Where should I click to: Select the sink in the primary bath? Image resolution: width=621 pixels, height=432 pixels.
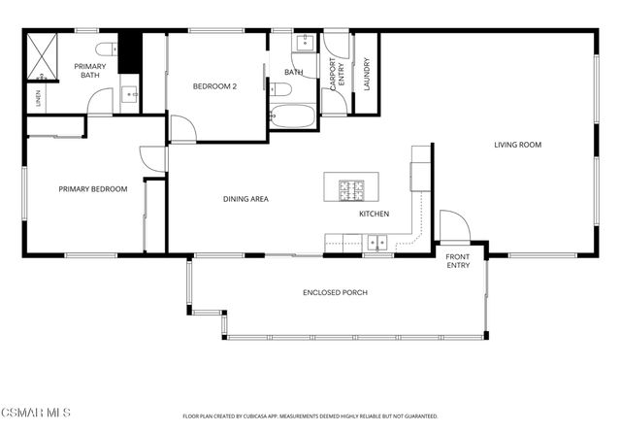tap(130, 96)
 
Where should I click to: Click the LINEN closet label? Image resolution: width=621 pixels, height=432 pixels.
tap(39, 98)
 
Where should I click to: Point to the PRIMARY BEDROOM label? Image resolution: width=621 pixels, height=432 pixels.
tap(92, 189)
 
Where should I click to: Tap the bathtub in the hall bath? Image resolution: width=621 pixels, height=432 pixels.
tap(292, 117)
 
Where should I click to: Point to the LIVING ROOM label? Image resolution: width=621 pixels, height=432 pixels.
tap(517, 145)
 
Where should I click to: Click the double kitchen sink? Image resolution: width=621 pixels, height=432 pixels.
tap(376, 243)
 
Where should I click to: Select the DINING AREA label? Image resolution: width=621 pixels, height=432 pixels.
tap(245, 199)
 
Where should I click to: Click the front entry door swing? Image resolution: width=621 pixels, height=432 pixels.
tap(454, 226)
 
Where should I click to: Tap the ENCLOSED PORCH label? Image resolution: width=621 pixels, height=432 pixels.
tap(335, 292)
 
